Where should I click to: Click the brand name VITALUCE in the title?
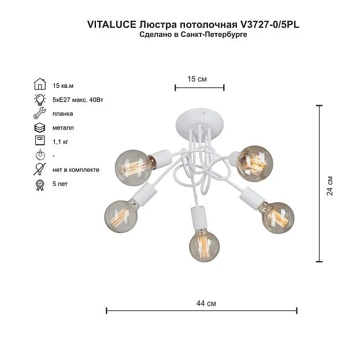pyautogui.click(x=112, y=25)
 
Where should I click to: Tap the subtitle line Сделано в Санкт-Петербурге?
pyautogui.click(x=194, y=35)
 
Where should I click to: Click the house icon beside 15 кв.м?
pyautogui.click(x=40, y=84)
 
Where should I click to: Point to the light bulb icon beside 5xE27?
pyautogui.click(x=40, y=99)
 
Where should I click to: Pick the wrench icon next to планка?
pyautogui.click(x=40, y=113)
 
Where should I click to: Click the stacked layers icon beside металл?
pyautogui.click(x=40, y=128)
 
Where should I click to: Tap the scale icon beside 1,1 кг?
pyautogui.click(x=40, y=140)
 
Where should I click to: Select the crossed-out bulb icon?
pyautogui.click(x=40, y=169)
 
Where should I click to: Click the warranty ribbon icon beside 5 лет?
pyautogui.click(x=40, y=185)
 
